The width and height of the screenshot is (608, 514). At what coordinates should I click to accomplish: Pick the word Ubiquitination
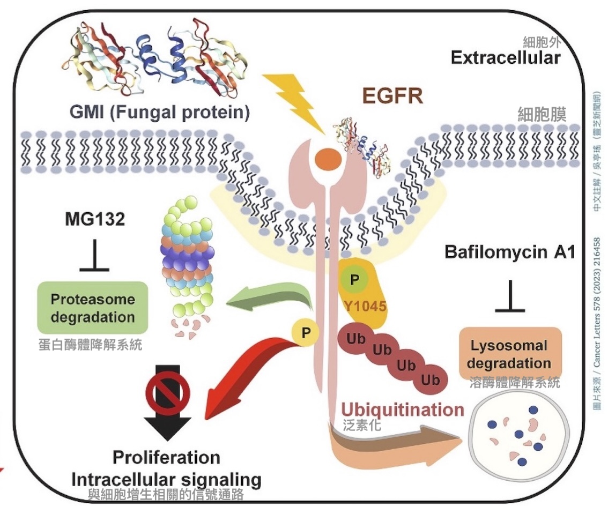(x=403, y=410)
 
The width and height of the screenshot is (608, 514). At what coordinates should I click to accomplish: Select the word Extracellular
(x=506, y=57)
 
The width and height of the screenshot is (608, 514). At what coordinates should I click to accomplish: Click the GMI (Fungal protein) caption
(x=160, y=114)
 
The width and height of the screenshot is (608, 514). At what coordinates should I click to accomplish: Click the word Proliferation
(x=167, y=458)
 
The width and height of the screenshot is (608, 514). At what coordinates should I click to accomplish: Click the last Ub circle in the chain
(x=431, y=380)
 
